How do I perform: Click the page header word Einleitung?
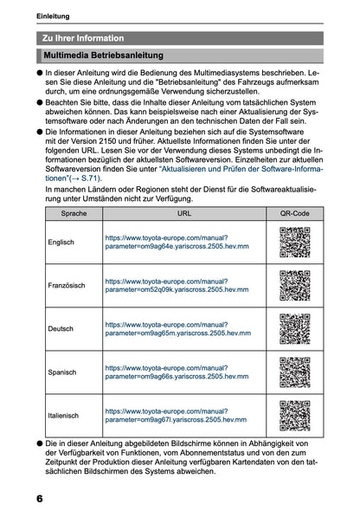pos(54,16)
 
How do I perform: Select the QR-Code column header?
pos(293,212)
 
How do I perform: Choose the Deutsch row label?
pos(61,329)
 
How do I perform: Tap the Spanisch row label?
pos(63,372)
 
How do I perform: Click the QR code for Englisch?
pos(294,243)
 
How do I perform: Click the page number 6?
pos(40,500)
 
